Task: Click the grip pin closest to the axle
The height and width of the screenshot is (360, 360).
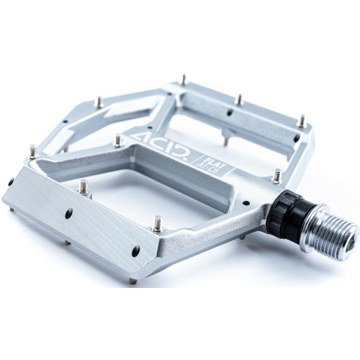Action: click(x=276, y=174)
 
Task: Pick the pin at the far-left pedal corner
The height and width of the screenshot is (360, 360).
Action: click(x=33, y=152)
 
